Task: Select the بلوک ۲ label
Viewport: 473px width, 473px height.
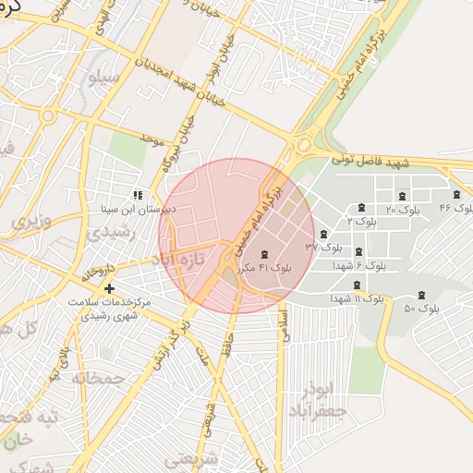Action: click(x=361, y=222)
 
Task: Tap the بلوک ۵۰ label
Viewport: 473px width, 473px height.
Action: click(x=421, y=308)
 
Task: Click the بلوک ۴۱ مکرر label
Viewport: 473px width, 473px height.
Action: click(x=264, y=267)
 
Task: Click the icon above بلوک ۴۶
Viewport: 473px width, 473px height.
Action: click(x=456, y=194)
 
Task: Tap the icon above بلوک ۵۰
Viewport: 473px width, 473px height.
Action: click(x=422, y=294)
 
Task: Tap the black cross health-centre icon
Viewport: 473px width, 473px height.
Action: click(x=110, y=289)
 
